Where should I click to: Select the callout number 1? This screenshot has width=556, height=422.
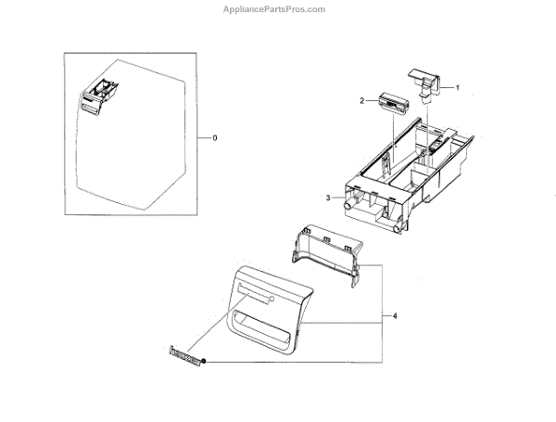click(x=456, y=87)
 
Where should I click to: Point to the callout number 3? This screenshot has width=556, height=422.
click(x=328, y=198)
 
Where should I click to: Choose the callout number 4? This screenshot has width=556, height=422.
click(x=395, y=316)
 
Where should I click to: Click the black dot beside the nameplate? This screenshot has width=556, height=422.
click(x=203, y=360)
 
